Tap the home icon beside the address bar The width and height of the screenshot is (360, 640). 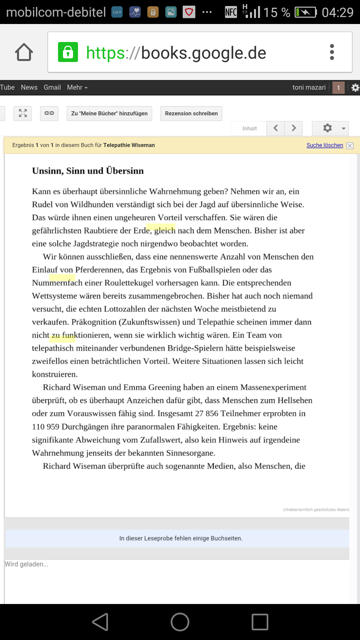point(24,52)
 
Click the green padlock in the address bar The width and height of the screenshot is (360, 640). point(68,52)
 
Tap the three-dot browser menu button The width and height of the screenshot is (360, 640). point(332,52)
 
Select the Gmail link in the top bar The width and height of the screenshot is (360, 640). point(52,87)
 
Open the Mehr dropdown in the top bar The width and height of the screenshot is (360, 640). point(77,87)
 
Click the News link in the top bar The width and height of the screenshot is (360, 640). point(29,87)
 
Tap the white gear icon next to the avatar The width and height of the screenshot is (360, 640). point(355,87)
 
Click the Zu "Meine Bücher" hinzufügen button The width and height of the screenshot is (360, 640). point(109,113)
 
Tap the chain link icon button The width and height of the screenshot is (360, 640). point(49,113)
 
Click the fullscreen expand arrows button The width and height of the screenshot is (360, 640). point(23,113)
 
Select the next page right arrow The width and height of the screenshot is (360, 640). point(294,128)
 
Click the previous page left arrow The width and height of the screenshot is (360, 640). point(276,128)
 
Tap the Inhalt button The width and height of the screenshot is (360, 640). point(249,128)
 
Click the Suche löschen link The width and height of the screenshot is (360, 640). point(325,145)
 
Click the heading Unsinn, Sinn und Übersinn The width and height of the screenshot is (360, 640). point(88,171)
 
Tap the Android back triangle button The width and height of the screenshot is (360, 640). point(100,622)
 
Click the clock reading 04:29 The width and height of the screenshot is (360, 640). point(337,12)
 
